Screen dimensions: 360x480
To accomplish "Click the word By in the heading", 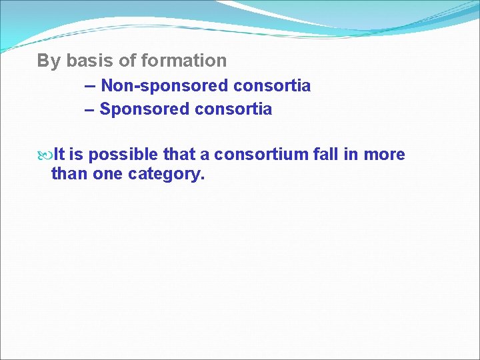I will tap(48, 61).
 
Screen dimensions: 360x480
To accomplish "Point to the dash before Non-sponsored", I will tap(90, 86).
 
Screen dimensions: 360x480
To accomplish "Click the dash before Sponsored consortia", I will tap(90, 109).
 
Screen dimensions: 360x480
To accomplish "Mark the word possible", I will tap(123, 155).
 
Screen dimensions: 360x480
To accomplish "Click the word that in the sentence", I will tap(179, 155).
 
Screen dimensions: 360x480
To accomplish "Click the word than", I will tap(69, 175).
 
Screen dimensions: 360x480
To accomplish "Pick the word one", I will tap(107, 175).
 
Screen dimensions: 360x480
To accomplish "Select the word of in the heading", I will tap(127, 61).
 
